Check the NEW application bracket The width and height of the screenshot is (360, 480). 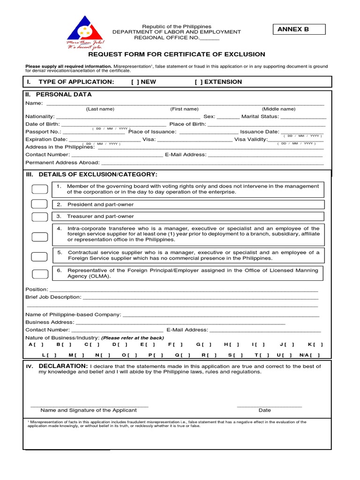(x=135, y=82)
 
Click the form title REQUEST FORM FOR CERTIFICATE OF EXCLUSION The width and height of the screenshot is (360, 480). (x=180, y=54)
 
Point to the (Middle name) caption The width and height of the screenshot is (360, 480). (x=278, y=109)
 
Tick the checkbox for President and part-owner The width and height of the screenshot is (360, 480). (x=39, y=204)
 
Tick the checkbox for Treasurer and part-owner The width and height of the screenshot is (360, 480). (x=39, y=217)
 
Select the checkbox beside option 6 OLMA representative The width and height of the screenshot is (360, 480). (x=39, y=274)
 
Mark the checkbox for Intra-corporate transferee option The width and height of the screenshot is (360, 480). (x=39, y=237)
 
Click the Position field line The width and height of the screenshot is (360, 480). (x=183, y=290)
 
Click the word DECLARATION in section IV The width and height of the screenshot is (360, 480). (x=63, y=366)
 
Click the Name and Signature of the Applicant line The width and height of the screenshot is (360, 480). (x=89, y=405)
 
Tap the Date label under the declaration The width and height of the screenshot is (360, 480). (x=265, y=410)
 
